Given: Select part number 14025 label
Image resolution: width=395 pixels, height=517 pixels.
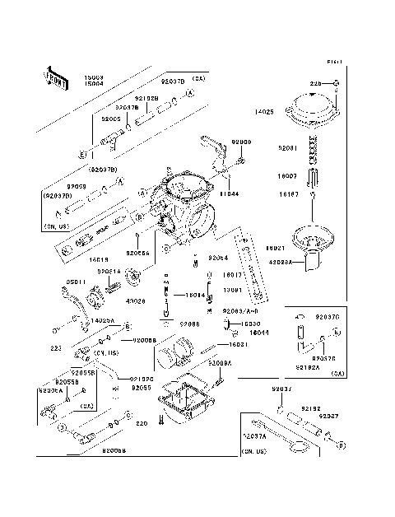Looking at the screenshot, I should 264,111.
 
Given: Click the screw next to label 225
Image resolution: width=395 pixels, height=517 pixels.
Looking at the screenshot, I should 337,84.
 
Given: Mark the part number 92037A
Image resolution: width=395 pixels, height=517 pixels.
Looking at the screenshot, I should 253,435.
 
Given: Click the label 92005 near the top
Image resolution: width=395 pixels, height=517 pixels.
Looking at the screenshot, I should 112,119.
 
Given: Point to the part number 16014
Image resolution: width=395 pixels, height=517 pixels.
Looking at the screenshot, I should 194,295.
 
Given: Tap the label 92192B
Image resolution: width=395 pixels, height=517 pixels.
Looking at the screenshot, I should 146,98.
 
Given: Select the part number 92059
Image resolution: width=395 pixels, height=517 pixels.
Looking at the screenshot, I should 77,187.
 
